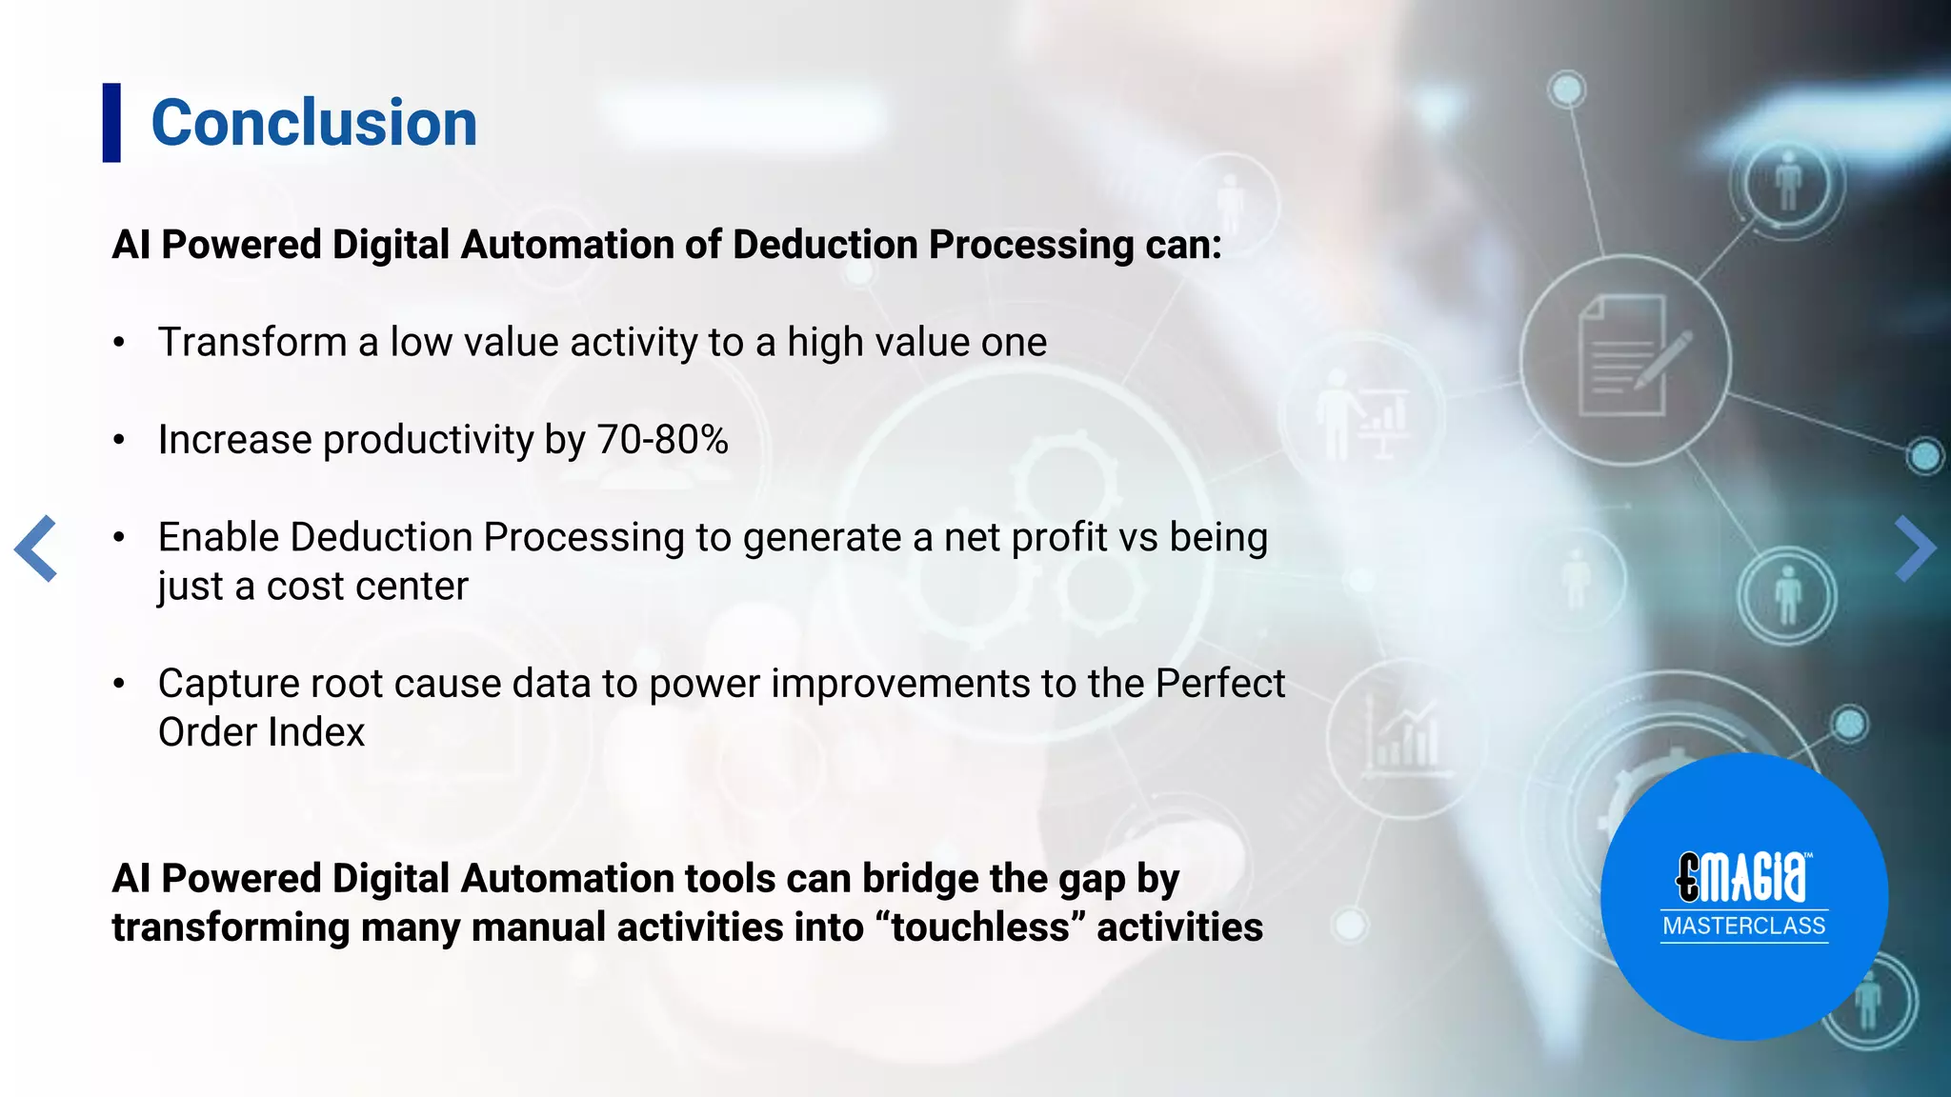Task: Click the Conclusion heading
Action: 313,124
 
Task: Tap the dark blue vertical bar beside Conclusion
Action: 111,123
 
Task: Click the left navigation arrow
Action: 36,548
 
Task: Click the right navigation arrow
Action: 1915,548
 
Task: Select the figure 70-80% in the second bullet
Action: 662,440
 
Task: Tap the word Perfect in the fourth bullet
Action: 1220,684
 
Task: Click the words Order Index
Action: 261,732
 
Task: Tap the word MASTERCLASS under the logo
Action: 1743,926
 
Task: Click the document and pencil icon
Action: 1627,357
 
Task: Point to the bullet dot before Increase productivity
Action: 119,441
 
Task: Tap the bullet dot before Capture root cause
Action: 119,684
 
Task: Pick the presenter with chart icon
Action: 1360,414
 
